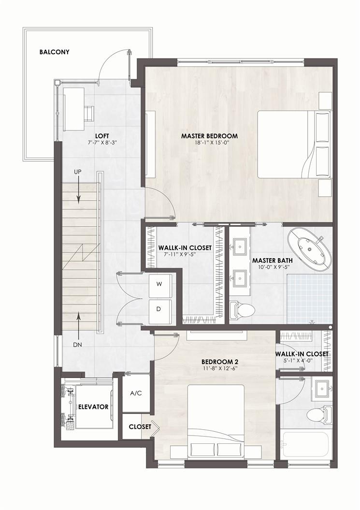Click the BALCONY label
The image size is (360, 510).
click(x=54, y=52)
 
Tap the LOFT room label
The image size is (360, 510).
click(x=102, y=136)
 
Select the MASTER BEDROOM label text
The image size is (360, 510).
click(x=209, y=136)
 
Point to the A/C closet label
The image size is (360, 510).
click(x=136, y=393)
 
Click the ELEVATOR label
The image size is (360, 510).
click(x=93, y=407)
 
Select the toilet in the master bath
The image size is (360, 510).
click(x=242, y=311)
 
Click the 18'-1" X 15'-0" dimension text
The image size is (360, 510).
click(x=209, y=142)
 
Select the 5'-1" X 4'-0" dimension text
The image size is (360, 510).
click(x=302, y=360)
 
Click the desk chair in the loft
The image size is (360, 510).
click(x=89, y=114)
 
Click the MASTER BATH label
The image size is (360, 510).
click(x=272, y=261)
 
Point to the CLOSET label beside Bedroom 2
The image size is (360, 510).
click(x=140, y=426)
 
